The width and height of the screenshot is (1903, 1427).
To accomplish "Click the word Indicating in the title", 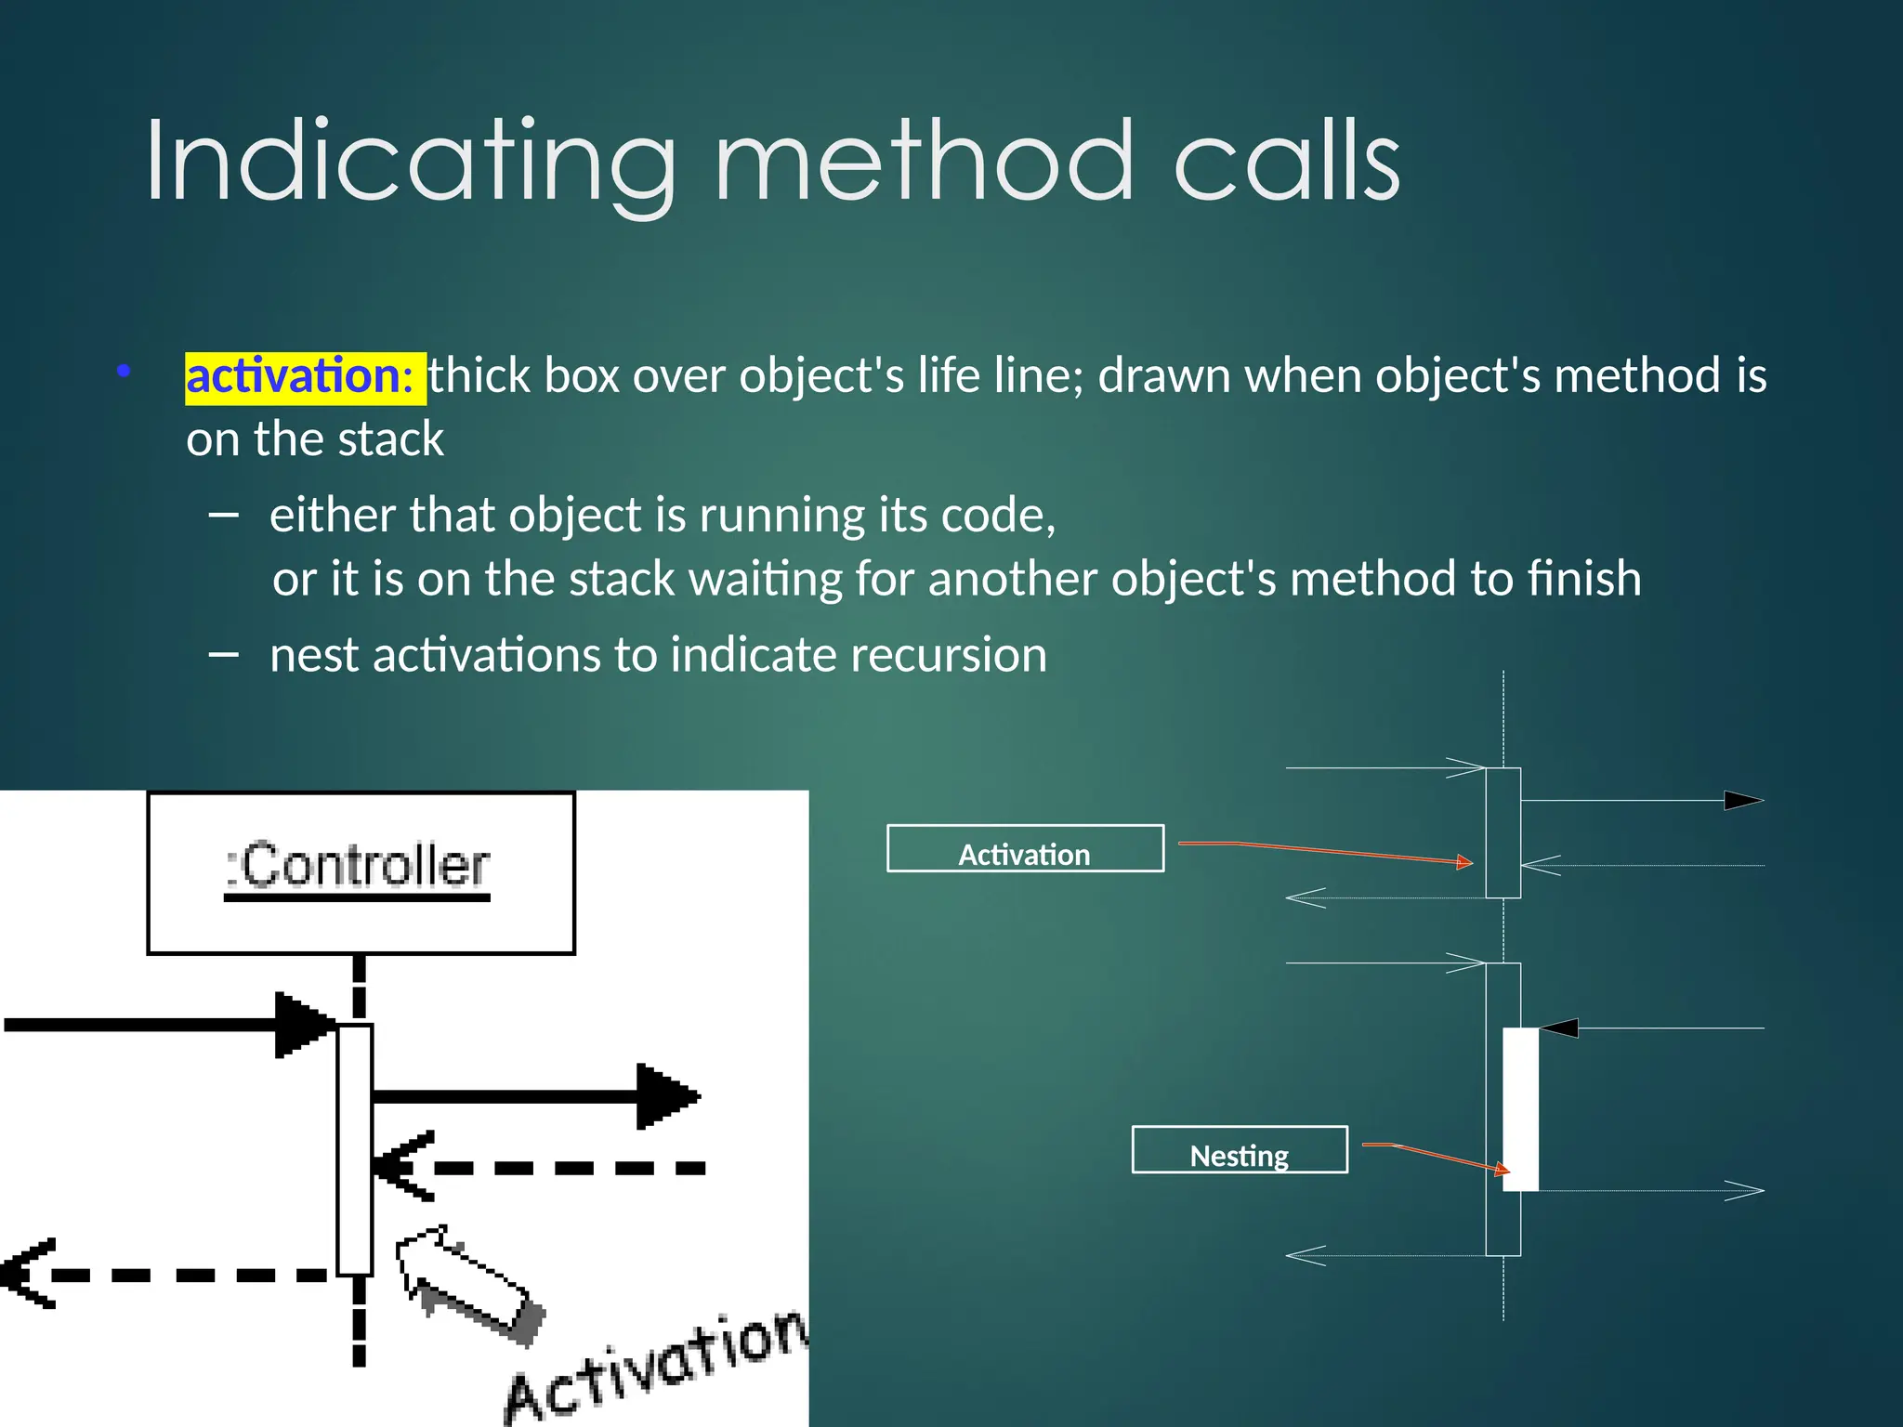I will (x=409, y=162).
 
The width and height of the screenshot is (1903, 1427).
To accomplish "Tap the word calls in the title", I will (x=1286, y=162).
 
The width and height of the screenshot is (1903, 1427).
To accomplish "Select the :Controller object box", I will (x=361, y=871).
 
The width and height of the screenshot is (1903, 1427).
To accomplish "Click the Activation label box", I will (x=1025, y=849).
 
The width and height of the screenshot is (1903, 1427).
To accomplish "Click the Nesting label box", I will (x=1239, y=1150).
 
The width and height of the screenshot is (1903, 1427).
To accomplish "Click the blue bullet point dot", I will (x=124, y=372).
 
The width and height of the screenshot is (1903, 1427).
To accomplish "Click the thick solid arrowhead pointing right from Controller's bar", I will (x=665, y=1096).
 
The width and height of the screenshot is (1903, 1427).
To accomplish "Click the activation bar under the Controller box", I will (x=354, y=1148).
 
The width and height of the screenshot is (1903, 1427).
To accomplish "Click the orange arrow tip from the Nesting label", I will (x=1504, y=1171).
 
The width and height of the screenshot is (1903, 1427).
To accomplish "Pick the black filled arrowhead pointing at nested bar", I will (x=1559, y=1028).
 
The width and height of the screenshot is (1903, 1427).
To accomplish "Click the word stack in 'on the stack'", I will (x=390, y=439).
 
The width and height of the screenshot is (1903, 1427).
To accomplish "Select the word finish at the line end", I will (x=1583, y=579).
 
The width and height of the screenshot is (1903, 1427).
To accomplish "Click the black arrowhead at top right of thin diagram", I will (x=1742, y=800).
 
